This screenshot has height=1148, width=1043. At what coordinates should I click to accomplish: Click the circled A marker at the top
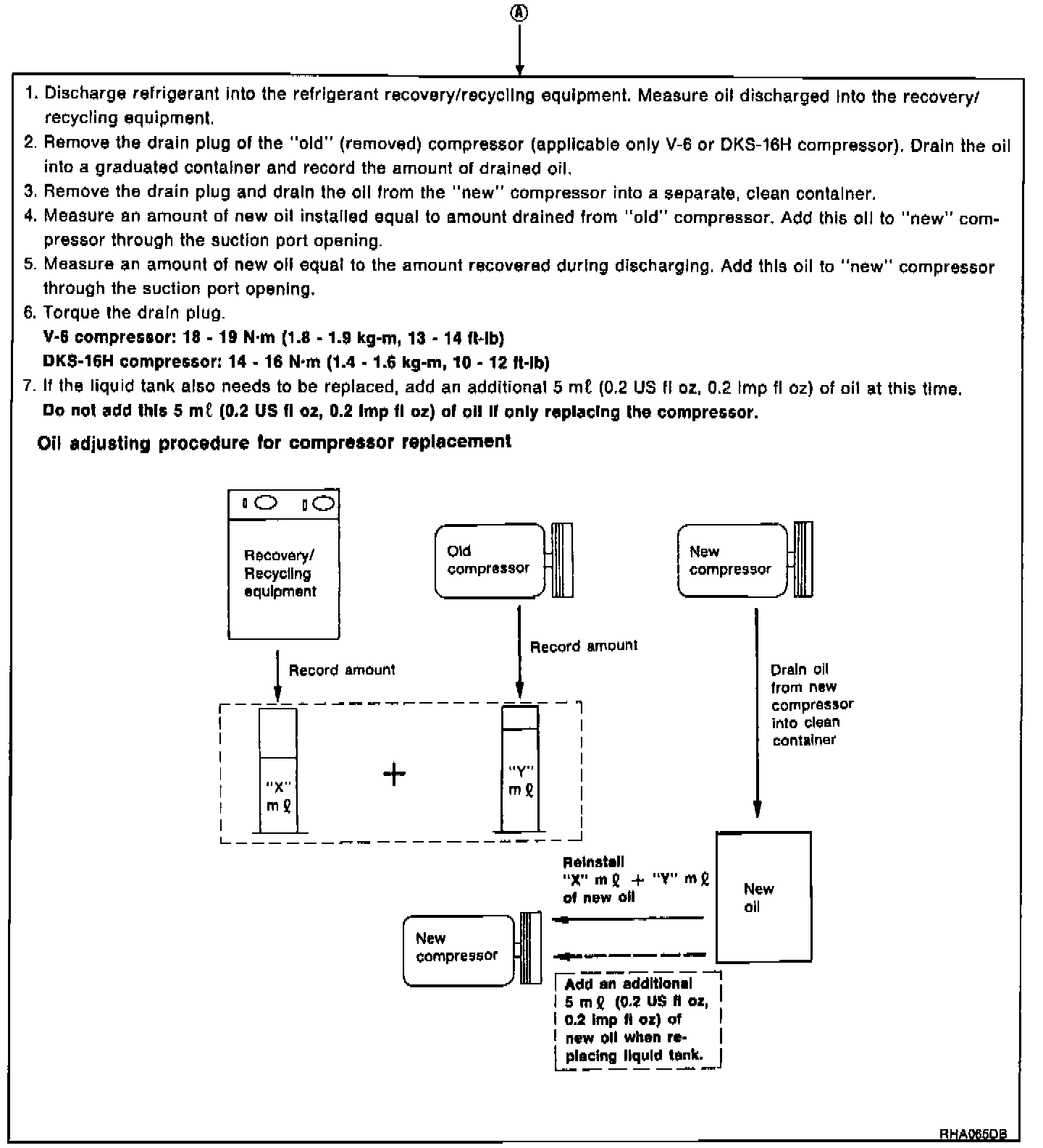519,14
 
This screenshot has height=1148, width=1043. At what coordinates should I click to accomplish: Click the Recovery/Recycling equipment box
283,565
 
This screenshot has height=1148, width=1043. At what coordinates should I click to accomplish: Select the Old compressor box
490,560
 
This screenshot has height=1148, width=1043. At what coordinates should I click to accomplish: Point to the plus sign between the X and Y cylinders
394,775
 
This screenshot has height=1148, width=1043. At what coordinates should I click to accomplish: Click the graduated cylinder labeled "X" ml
278,772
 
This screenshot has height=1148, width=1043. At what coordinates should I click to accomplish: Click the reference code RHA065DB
973,1134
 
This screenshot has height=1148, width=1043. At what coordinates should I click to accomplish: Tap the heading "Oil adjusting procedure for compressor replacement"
274,442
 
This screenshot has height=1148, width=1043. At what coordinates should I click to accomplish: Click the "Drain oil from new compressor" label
811,704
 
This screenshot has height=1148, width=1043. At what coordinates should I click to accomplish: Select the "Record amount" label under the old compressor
584,646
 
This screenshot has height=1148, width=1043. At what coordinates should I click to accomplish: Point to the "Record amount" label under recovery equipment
342,670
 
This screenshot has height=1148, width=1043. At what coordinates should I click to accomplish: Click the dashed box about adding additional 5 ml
637,1019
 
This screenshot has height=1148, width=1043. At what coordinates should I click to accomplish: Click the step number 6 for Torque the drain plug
29,313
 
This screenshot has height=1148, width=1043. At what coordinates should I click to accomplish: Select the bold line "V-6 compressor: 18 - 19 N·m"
274,337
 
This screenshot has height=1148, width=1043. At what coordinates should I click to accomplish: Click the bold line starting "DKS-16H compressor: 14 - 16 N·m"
296,362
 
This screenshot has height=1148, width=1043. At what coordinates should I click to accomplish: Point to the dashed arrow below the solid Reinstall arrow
629,955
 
